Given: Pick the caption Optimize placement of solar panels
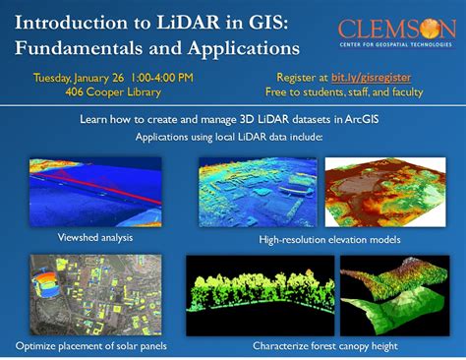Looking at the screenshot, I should [x=90, y=345].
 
